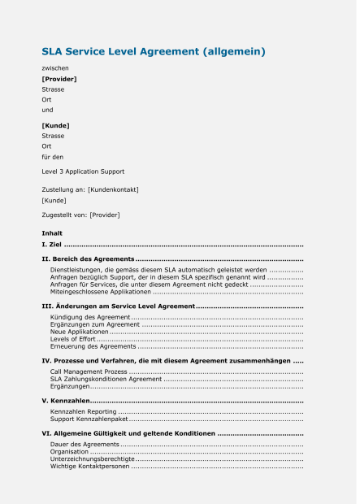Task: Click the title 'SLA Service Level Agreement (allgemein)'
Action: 154,52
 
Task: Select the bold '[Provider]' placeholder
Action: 59,79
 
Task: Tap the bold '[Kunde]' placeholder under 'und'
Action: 55,125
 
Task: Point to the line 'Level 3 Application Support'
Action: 83,172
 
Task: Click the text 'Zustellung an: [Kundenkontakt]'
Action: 90,189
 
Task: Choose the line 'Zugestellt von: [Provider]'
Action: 80,215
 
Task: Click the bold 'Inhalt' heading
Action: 52,233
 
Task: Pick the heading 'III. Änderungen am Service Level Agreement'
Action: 118,306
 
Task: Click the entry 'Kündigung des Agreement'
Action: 90,316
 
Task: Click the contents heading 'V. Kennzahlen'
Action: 65,401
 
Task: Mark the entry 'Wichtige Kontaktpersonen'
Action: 89,467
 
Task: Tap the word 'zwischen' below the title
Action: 55,68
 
